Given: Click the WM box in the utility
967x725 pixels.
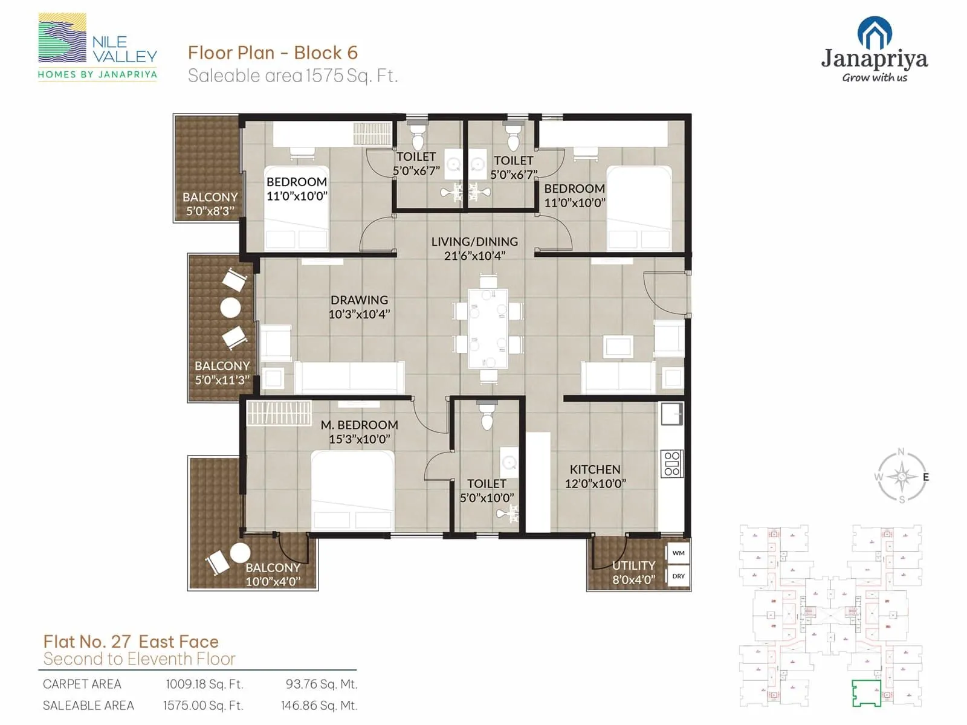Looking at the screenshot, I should [x=678, y=553].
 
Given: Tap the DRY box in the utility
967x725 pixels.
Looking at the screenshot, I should [x=678, y=576].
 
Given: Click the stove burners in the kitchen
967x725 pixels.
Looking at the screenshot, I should [x=671, y=463].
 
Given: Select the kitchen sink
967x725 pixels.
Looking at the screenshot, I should [x=671, y=414].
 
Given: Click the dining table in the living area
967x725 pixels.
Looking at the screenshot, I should [x=488, y=328].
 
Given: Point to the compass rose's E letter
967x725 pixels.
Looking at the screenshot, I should [x=925, y=477].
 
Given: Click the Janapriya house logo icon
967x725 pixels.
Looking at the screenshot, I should [x=875, y=33].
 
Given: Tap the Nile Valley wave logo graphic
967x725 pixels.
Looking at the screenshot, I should [x=62, y=38].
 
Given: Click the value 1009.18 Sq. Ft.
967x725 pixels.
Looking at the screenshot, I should [x=204, y=684].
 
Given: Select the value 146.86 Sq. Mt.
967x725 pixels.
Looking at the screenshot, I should [x=319, y=705].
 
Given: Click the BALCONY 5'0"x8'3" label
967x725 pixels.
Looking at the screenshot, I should [x=210, y=204].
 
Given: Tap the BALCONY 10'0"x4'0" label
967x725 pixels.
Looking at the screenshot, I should [x=273, y=575].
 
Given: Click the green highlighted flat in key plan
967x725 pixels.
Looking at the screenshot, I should [x=866, y=692].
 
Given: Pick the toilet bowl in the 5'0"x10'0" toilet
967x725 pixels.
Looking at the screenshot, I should [x=487, y=417].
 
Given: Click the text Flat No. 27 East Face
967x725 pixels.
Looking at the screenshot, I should [x=131, y=641].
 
